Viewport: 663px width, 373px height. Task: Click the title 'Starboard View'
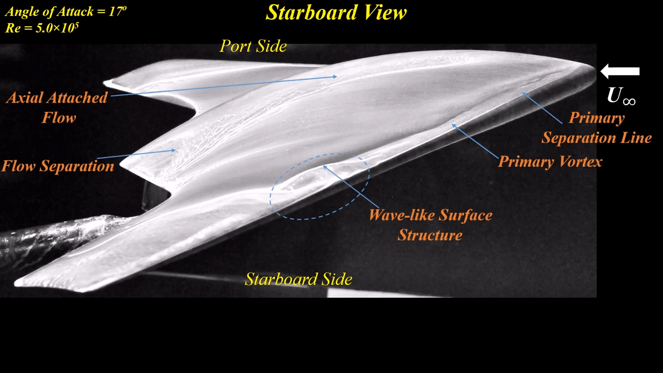(x=336, y=12)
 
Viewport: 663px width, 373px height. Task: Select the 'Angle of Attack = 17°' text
(x=66, y=12)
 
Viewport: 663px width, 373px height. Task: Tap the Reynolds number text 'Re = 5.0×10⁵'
(x=42, y=28)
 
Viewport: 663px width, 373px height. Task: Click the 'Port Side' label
(x=253, y=46)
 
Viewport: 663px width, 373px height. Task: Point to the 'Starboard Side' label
(x=298, y=279)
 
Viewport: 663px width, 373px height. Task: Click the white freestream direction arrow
(x=620, y=71)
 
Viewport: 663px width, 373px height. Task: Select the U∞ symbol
(x=621, y=96)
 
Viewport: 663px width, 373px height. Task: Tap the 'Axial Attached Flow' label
(x=57, y=107)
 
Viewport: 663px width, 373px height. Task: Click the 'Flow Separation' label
(x=58, y=166)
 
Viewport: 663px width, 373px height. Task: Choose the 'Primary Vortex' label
(x=550, y=162)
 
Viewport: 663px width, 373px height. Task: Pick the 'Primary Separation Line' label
(x=597, y=127)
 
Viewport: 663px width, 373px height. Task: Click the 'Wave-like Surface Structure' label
(x=430, y=225)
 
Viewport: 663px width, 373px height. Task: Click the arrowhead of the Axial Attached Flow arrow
(x=335, y=77)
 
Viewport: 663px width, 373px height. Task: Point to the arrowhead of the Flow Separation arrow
(x=174, y=150)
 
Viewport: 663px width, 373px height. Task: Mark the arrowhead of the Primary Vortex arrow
(x=454, y=126)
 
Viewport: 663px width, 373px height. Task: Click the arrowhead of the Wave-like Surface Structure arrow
(x=325, y=167)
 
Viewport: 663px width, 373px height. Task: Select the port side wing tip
(x=105, y=82)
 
